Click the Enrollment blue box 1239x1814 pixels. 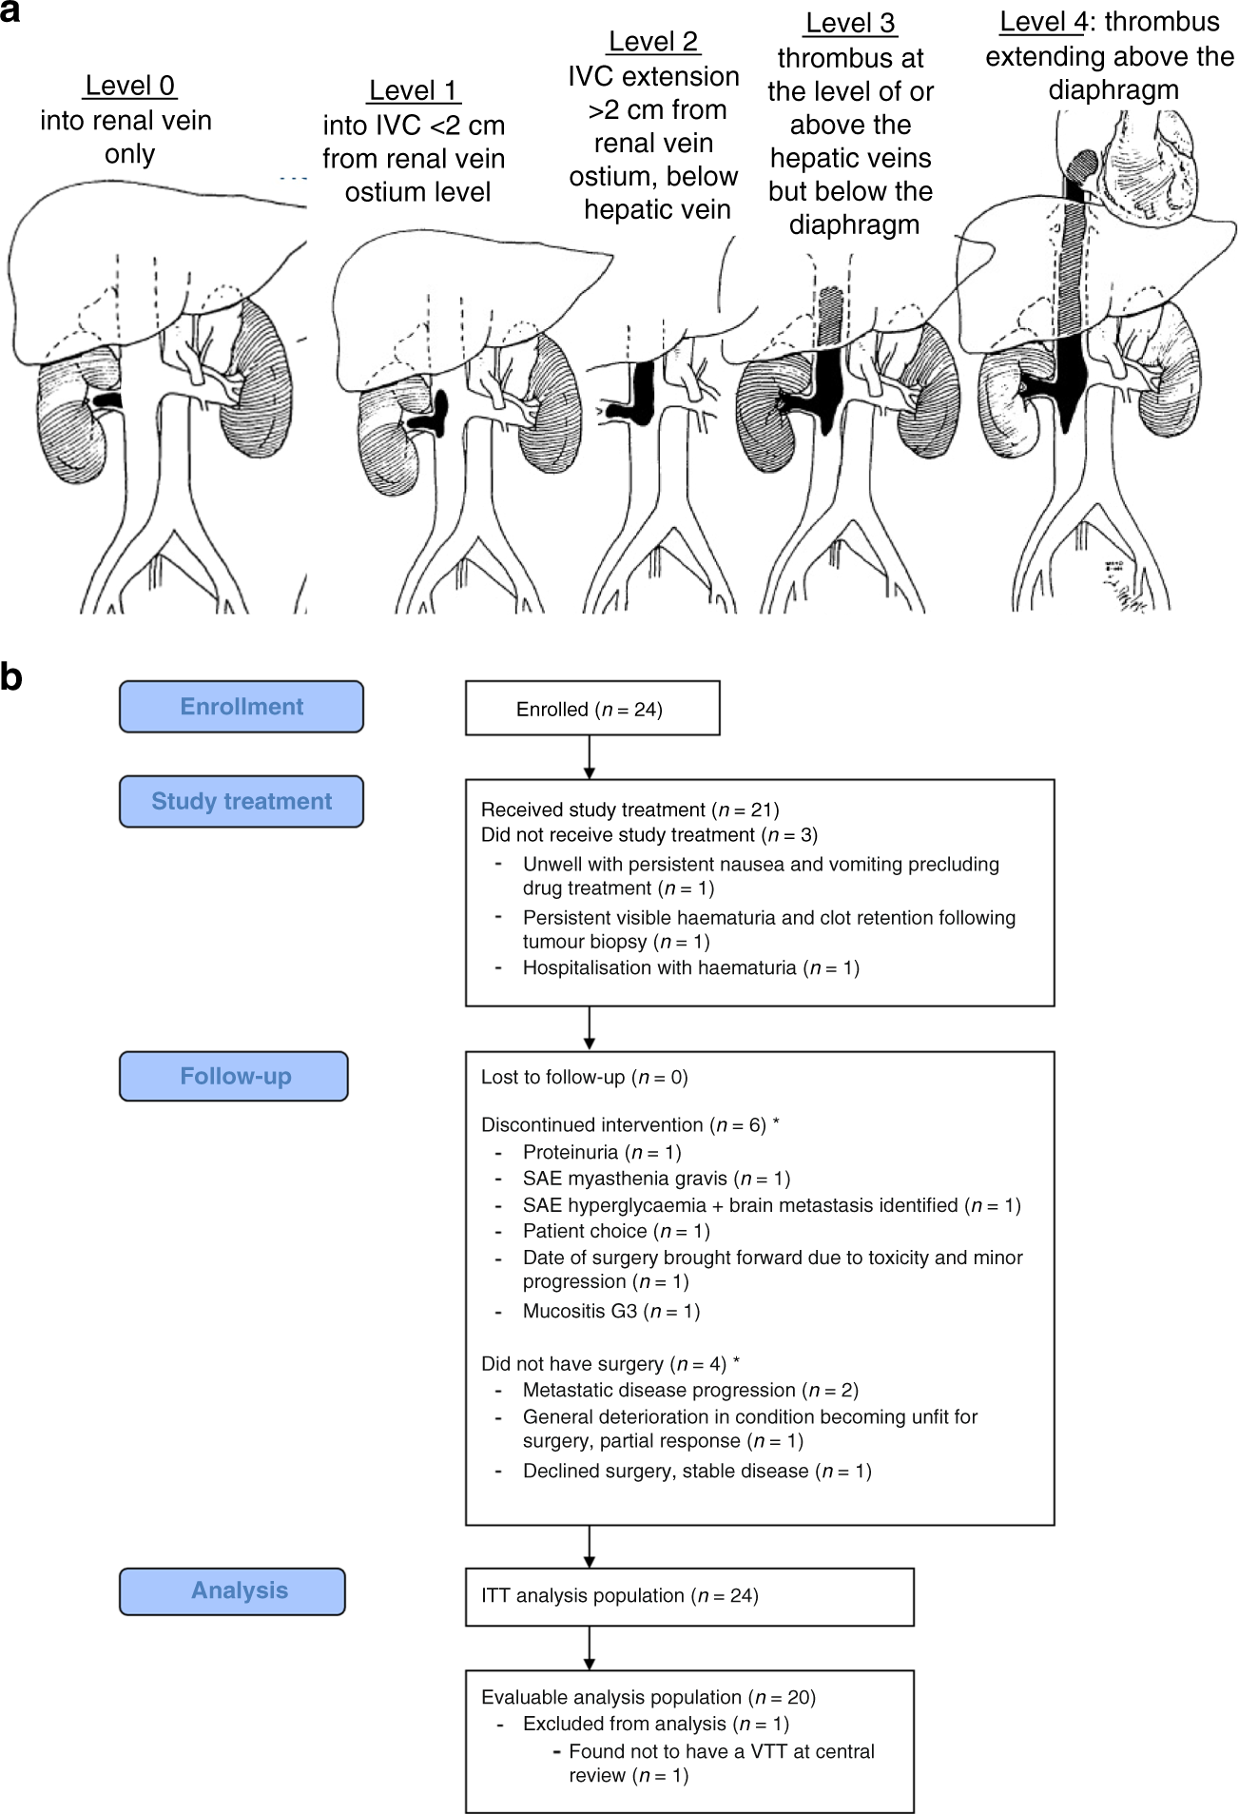click(x=242, y=707)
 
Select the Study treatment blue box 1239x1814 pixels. click(x=242, y=801)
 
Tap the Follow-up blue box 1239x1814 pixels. click(x=234, y=1076)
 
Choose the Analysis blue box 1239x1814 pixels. click(x=232, y=1590)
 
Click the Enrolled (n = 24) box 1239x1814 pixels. click(x=591, y=709)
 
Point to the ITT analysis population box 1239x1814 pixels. click(x=688, y=1596)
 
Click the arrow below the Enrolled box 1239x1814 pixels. click(x=590, y=757)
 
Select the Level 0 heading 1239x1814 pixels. click(x=129, y=86)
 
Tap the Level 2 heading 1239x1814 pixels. click(x=653, y=42)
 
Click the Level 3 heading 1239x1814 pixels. click(x=850, y=23)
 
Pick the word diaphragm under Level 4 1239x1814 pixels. click(x=1113, y=90)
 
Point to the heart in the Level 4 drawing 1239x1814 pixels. click(x=1145, y=166)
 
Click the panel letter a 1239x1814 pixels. click(x=11, y=13)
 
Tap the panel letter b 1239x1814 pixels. click(x=11, y=677)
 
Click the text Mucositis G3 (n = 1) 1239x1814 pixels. click(x=610, y=1311)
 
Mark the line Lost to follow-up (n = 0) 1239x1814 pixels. click(x=584, y=1077)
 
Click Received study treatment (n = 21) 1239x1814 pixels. click(x=629, y=809)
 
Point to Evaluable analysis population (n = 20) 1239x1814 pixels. click(x=648, y=1697)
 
